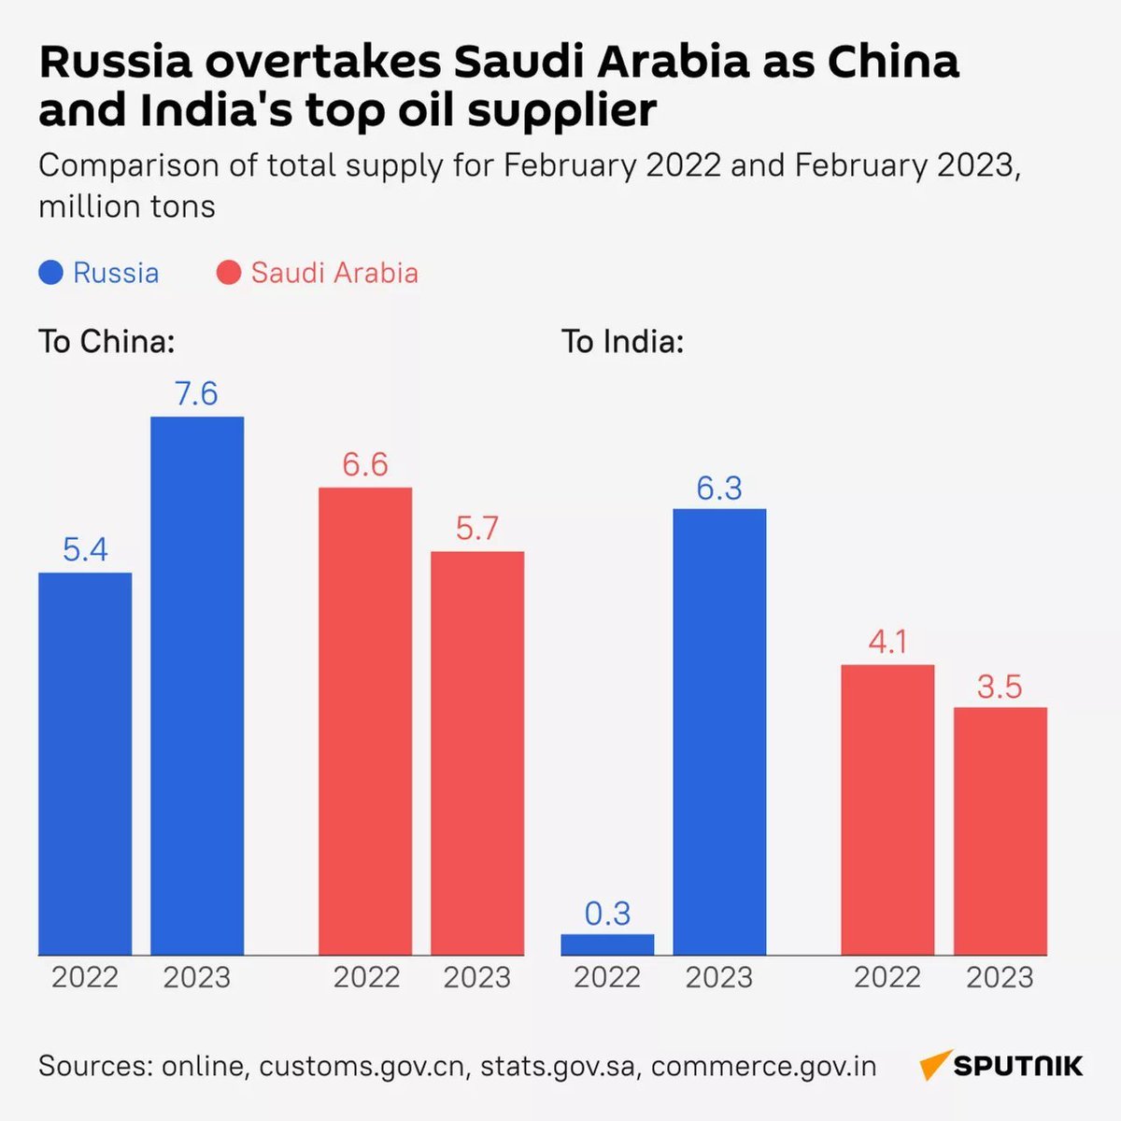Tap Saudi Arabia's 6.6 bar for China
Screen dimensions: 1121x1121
point(365,720)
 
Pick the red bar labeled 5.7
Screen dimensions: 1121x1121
point(477,752)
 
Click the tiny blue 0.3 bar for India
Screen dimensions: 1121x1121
point(607,944)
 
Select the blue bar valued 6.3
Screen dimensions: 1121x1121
point(719,731)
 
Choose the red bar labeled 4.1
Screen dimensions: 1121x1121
point(887,809)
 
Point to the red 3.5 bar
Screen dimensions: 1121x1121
point(1000,830)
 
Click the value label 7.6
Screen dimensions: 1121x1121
point(196,394)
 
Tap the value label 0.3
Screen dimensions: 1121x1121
point(607,913)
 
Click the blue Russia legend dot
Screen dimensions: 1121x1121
point(50,273)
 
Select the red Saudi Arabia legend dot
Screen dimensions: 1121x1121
point(228,273)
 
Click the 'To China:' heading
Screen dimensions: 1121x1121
point(106,342)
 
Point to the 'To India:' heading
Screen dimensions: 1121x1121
point(622,342)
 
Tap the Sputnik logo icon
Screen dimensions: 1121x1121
point(934,1065)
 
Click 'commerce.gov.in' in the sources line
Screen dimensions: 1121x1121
point(763,1066)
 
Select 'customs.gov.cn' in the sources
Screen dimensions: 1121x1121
point(362,1066)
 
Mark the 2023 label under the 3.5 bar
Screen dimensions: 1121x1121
point(1000,978)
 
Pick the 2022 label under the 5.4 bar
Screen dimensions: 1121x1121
point(85,978)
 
